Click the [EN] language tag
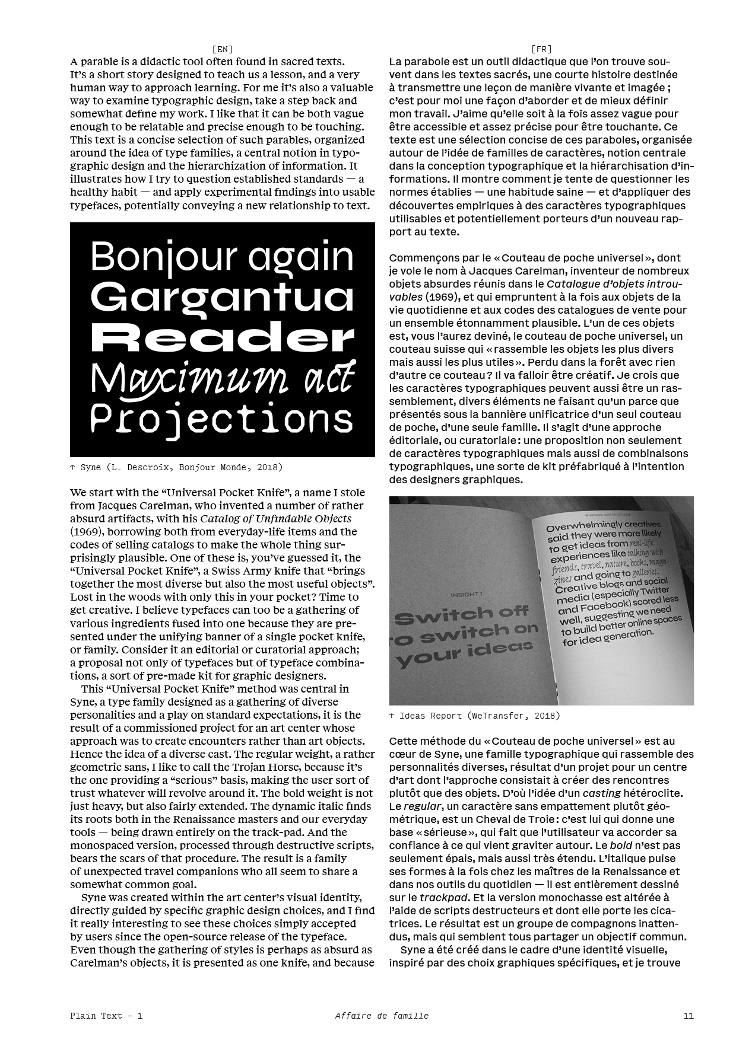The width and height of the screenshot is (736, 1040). pos(223,49)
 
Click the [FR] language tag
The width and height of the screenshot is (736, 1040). pos(541,49)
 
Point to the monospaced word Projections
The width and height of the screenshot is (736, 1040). pos(221,418)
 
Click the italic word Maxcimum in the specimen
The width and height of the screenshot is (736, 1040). pos(181,378)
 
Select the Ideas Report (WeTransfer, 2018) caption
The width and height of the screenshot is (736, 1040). pos(474,716)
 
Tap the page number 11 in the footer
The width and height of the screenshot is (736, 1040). pos(688,1016)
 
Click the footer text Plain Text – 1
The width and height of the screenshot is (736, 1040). pos(106,1016)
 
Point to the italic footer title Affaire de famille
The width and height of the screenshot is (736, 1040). pos(381,1016)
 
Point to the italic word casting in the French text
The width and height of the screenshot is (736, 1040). pos(601,793)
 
